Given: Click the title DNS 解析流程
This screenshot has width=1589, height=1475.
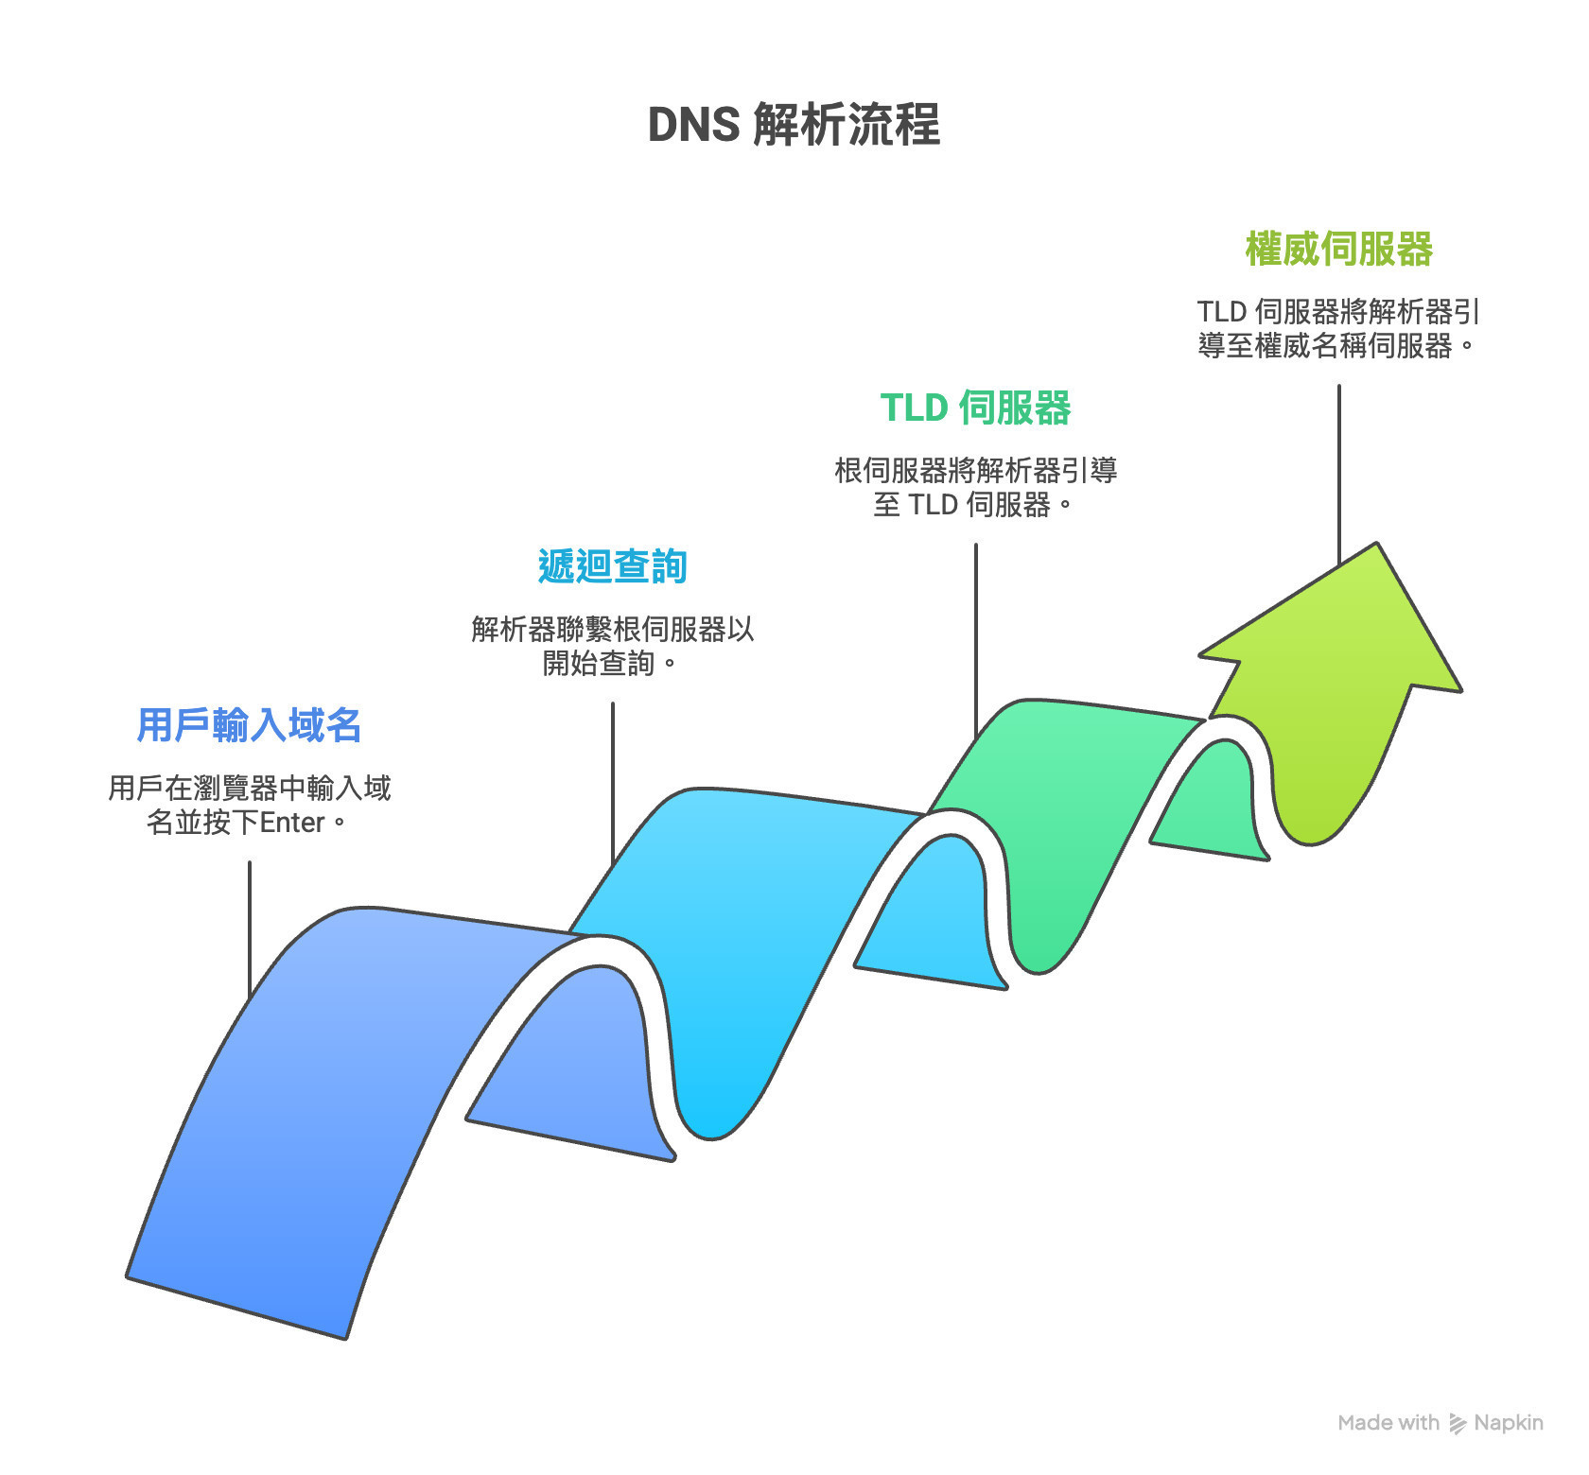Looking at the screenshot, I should [x=794, y=125].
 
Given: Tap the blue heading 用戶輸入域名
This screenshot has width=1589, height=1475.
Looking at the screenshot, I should [x=250, y=725].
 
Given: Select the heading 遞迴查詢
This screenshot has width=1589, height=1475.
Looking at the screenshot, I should [x=612, y=566].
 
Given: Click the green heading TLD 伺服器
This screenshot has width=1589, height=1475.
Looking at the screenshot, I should [x=975, y=408].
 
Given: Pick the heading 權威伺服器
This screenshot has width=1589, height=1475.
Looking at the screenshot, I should [x=1338, y=250].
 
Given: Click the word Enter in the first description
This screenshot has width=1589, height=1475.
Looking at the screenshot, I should [x=292, y=823].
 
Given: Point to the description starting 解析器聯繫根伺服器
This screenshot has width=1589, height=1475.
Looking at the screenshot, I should [x=612, y=646].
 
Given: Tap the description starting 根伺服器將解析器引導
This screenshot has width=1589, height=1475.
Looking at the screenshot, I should [x=975, y=487].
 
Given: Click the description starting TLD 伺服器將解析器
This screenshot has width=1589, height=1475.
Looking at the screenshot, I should [x=1337, y=328].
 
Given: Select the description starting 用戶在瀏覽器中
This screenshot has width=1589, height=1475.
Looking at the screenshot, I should [x=250, y=805].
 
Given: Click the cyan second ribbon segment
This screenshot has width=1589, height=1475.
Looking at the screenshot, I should [x=747, y=946].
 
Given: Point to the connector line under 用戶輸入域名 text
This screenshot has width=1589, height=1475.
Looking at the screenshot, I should [x=250, y=927].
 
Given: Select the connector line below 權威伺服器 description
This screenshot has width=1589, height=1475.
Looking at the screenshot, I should [x=1338, y=473].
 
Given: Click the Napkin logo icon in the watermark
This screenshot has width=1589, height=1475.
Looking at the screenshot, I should [x=1458, y=1423].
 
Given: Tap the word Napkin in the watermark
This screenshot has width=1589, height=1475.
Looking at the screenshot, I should [x=1509, y=1423].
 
